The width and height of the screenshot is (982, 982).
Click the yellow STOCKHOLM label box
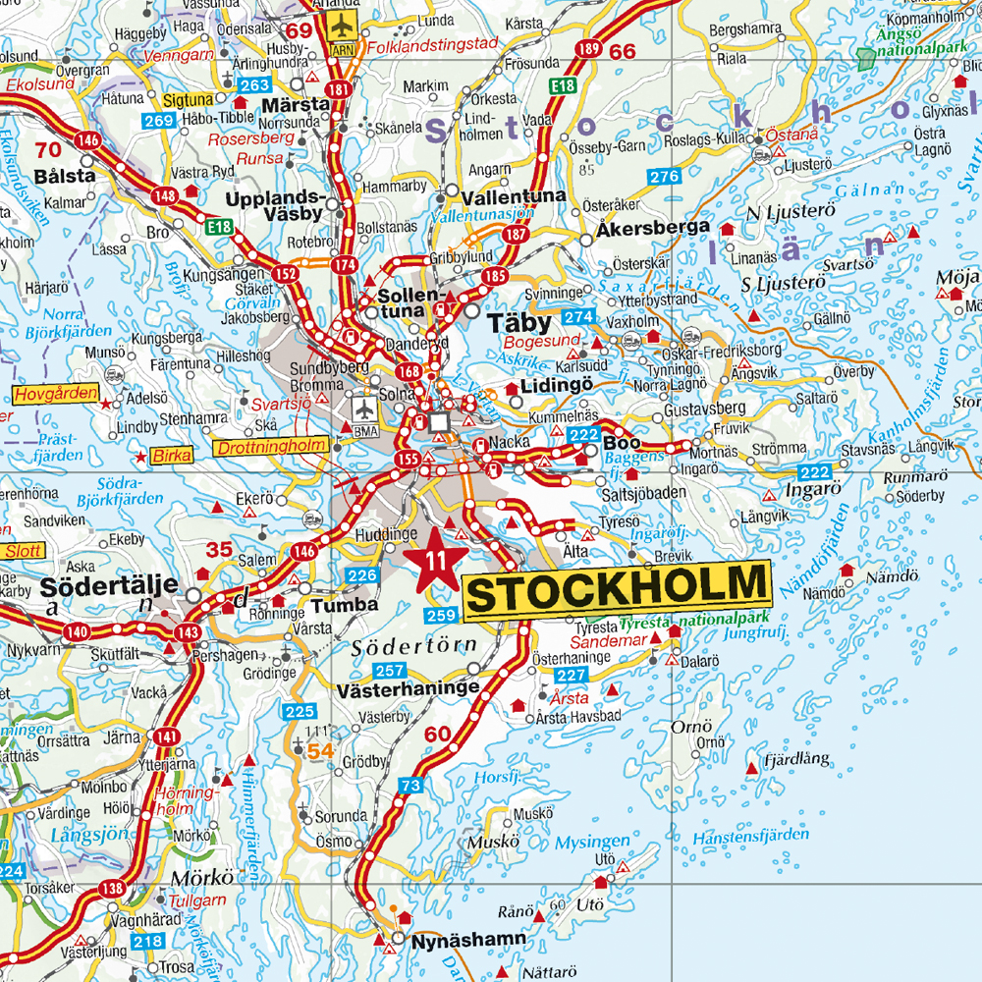click(x=616, y=590)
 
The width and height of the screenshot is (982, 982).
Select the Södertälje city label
click(x=109, y=587)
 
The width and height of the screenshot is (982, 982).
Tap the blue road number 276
click(x=664, y=177)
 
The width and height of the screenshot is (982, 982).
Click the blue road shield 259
click(x=442, y=616)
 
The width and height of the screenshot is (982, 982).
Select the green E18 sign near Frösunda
click(x=563, y=86)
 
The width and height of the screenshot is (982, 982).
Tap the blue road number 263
click(x=254, y=85)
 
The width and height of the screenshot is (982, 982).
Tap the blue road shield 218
click(x=148, y=942)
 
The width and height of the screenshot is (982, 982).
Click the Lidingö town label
click(x=557, y=385)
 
